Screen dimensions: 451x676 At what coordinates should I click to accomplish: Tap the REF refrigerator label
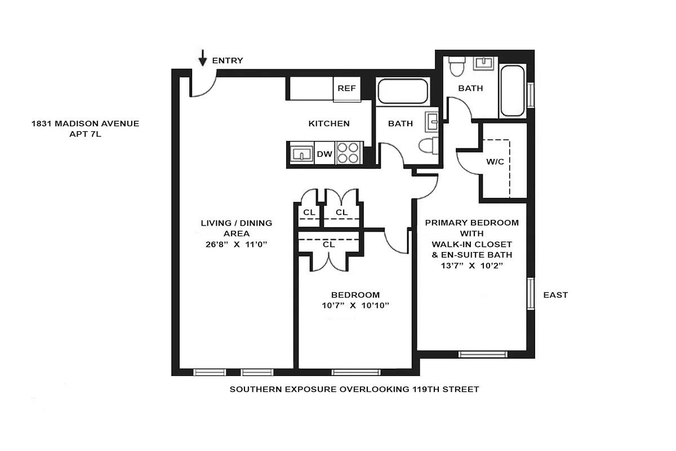tap(346, 89)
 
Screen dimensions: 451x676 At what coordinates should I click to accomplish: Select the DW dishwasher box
tap(324, 153)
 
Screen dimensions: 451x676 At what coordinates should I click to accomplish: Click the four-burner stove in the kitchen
tap(348, 153)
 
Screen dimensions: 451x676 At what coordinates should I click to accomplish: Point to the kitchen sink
tap(302, 153)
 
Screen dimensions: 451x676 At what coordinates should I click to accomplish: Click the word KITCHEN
tap(329, 123)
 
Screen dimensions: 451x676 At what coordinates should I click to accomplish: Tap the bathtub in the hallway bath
tap(402, 91)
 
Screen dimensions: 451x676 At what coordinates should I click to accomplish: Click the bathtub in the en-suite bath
tap(512, 91)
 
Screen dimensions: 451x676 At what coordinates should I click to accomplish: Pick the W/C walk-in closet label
tap(495, 162)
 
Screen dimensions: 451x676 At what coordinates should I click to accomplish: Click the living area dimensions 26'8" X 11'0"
tap(237, 244)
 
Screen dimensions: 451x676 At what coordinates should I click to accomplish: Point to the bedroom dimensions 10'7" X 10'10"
tap(355, 306)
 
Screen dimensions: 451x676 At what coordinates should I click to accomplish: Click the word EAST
tap(555, 295)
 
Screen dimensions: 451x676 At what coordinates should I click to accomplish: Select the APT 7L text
tap(85, 135)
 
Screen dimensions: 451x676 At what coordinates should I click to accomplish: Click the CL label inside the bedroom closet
tap(329, 245)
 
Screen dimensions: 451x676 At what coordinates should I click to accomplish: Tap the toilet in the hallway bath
tap(426, 145)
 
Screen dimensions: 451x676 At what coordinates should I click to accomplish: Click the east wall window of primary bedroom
tap(530, 293)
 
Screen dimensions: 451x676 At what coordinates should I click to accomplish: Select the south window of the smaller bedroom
tap(355, 372)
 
